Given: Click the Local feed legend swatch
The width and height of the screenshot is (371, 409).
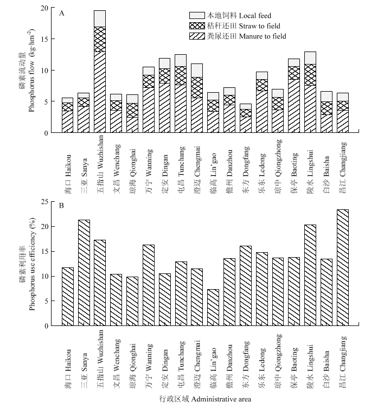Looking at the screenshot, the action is pyautogui.click(x=197, y=15).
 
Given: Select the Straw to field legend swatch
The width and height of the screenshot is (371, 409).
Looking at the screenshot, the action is pyautogui.click(x=197, y=25).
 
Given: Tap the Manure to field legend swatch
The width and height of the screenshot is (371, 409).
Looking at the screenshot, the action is pyautogui.click(x=197, y=36).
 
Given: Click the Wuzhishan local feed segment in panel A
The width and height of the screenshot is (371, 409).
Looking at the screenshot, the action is pyautogui.click(x=100, y=19).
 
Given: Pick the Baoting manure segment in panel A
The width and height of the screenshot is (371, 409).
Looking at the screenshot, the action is pyautogui.click(x=294, y=106).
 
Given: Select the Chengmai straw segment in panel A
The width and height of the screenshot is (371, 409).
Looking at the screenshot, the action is pyautogui.click(x=197, y=88).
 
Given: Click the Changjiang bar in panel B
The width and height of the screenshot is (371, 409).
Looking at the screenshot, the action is pyautogui.click(x=343, y=267).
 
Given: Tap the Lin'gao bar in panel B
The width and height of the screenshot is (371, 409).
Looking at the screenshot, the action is pyautogui.click(x=213, y=308).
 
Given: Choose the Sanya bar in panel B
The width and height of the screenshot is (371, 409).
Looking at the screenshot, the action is pyautogui.click(x=84, y=273).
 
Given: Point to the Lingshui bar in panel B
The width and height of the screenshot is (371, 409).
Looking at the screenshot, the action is pyautogui.click(x=310, y=276).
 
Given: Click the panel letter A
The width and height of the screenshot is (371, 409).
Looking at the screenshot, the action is pyautogui.click(x=62, y=14).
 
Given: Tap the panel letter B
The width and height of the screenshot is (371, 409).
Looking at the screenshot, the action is pyautogui.click(x=62, y=206).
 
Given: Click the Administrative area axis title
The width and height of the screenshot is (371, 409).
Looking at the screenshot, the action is pyautogui.click(x=205, y=399).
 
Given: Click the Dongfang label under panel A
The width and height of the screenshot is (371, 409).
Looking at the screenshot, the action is pyautogui.click(x=246, y=170).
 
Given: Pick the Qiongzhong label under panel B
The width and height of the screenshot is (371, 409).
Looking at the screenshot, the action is pyautogui.click(x=278, y=361).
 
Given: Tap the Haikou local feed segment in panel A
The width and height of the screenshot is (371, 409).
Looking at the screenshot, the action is pyautogui.click(x=68, y=100).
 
